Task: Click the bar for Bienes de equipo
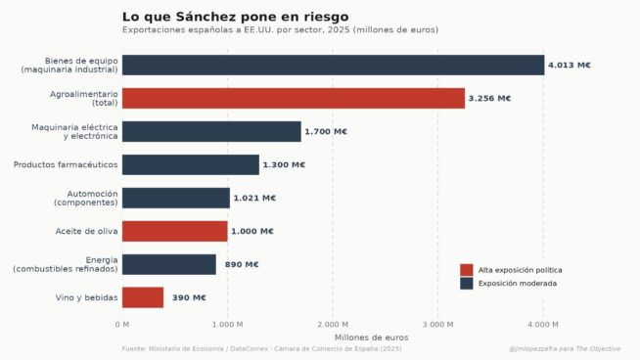click(x=333, y=65)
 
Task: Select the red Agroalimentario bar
click(x=294, y=98)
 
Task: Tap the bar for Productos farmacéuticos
click(x=191, y=164)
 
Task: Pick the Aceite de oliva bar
click(x=174, y=231)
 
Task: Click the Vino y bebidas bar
click(x=143, y=297)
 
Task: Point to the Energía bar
click(x=169, y=264)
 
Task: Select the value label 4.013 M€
click(x=570, y=66)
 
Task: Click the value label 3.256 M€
click(x=489, y=99)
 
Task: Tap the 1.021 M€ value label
click(x=255, y=198)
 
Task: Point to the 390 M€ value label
click(x=189, y=297)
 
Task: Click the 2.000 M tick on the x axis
click(x=333, y=324)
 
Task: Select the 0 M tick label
click(x=122, y=324)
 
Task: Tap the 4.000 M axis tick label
click(x=543, y=324)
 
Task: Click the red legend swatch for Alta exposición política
click(x=466, y=270)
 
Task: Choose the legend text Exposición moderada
click(x=517, y=284)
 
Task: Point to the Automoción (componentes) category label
click(x=85, y=198)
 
